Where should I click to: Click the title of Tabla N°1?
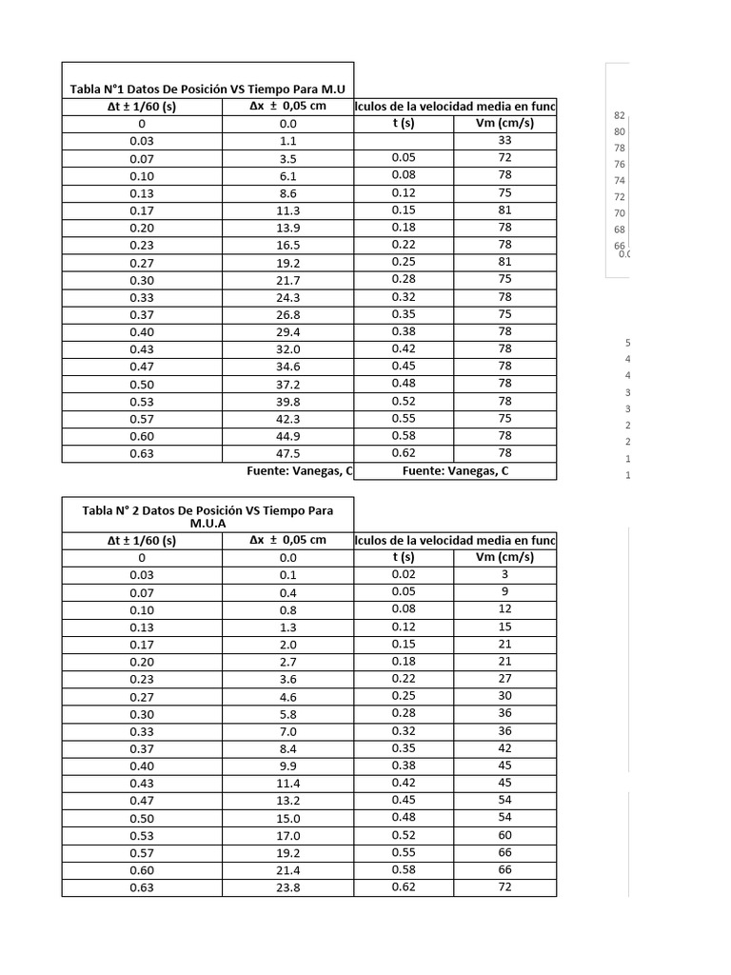click(x=207, y=89)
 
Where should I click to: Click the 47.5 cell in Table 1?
click(x=287, y=453)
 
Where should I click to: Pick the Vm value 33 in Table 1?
click(x=504, y=140)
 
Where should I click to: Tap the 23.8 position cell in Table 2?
click(x=287, y=887)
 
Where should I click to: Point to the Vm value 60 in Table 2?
click(x=504, y=835)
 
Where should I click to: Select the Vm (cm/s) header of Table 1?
click(x=504, y=123)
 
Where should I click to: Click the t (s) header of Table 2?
click(x=404, y=557)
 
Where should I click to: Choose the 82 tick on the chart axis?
click(x=620, y=115)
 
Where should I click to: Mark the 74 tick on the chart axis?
click(x=620, y=180)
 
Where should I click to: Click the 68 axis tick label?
click(x=620, y=229)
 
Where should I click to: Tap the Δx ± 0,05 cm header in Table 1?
click(x=287, y=106)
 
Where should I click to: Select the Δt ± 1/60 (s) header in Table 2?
click(x=142, y=540)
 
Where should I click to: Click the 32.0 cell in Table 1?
click(x=287, y=349)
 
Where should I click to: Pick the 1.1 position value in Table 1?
click(x=287, y=141)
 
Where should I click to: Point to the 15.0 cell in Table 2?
click(x=287, y=818)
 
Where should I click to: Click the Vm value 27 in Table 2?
click(x=504, y=679)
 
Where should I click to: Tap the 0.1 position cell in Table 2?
click(x=287, y=575)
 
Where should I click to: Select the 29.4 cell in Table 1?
click(x=287, y=331)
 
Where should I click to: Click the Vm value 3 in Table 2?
click(x=504, y=574)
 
